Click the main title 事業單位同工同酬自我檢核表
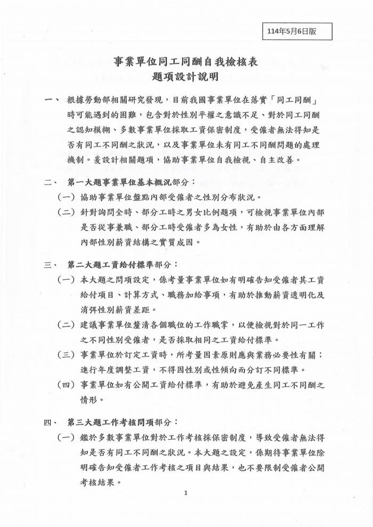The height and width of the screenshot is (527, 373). coord(186,62)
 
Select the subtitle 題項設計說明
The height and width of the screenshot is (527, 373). coord(186,78)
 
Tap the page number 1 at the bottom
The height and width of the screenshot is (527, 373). coord(186,493)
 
